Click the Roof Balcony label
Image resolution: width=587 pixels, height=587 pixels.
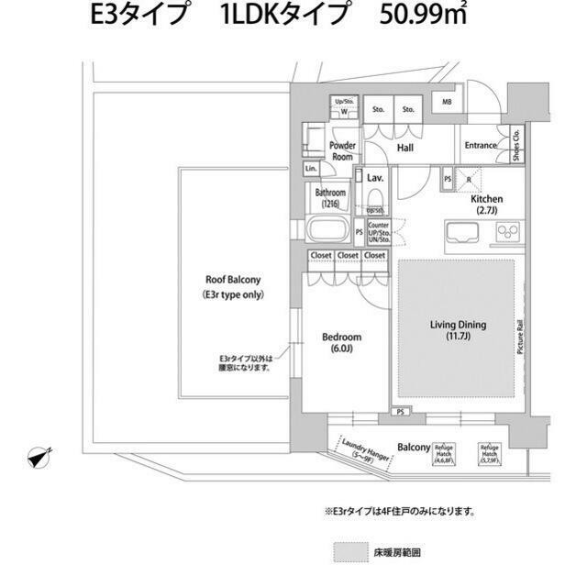pos(233,288)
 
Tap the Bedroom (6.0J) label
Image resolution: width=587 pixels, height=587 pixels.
pos(342,343)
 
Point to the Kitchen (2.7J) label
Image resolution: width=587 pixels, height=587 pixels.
pos(485,205)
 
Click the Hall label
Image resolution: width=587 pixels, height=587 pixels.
pos(404,147)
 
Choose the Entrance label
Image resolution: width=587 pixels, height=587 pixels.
pos(480,146)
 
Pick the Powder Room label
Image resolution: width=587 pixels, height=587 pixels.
pos(343,151)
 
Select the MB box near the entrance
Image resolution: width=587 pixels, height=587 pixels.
pos(448,103)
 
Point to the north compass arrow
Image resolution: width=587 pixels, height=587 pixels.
pos(39,456)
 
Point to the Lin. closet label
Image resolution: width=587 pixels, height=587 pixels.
pos(311,170)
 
